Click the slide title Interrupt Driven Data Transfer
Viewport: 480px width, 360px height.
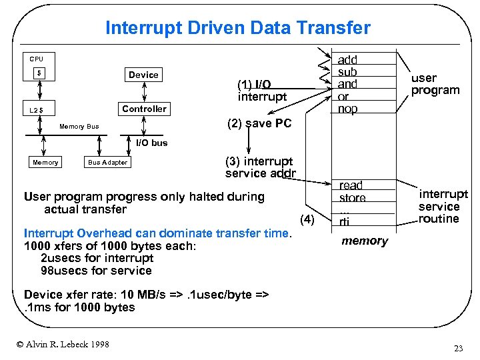[237, 28]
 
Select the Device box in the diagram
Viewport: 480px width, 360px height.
[143, 75]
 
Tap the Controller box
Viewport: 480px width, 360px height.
[144, 109]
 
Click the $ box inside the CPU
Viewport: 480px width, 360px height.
[41, 73]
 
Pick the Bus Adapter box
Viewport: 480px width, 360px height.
[108, 163]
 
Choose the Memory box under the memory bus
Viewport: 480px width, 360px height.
[45, 163]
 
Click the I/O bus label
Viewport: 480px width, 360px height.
[152, 143]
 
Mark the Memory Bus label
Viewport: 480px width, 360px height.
[79, 127]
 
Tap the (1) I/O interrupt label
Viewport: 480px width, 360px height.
[262, 91]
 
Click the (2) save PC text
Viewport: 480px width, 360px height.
[259, 123]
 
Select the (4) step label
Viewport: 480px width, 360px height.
[307, 219]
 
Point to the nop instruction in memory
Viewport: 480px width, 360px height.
[347, 109]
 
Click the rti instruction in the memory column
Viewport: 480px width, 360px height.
[344, 222]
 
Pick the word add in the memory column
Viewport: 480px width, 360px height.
[347, 60]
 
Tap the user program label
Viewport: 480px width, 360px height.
[435, 84]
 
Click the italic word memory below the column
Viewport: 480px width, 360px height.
[364, 241]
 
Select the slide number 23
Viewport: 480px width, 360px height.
[458, 349]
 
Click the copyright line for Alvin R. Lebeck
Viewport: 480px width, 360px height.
[63, 344]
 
